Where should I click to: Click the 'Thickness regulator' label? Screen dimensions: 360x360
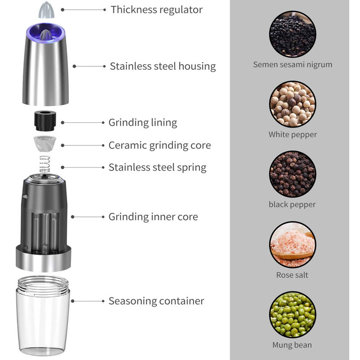pos(157,10)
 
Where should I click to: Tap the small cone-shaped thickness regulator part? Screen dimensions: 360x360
pos(46,10)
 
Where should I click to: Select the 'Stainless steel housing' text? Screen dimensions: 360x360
pos(163,66)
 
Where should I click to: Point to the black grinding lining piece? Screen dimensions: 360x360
pos(45,121)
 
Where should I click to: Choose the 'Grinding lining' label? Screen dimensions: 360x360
pos(143,122)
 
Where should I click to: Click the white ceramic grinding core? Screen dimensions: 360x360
pos(45,144)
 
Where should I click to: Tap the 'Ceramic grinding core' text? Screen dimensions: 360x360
pos(160,145)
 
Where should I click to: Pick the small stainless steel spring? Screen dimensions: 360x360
pos(45,164)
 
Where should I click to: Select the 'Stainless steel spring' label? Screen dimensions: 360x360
pos(157,167)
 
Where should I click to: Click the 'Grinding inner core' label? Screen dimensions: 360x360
pos(153,217)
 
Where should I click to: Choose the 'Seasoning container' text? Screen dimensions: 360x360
pos(156,301)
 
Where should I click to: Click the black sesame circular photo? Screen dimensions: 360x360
pos(292,34)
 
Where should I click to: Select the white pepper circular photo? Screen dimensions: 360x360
pos(292,104)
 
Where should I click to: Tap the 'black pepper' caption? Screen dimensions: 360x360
pos(292,205)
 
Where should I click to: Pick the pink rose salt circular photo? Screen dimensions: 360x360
pos(292,244)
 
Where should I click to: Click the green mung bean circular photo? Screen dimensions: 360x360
pos(292,315)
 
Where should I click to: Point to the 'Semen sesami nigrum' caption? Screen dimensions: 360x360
pos(292,64)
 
